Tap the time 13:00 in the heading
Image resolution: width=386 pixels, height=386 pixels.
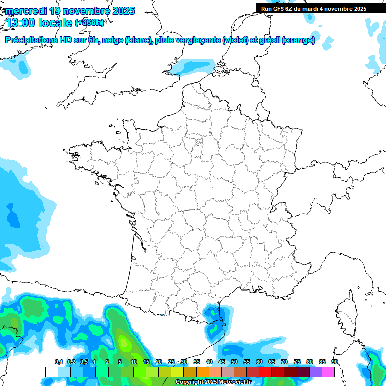(22, 23)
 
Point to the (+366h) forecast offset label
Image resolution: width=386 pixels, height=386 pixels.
(89, 23)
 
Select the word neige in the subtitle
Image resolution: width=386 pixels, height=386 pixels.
(113, 40)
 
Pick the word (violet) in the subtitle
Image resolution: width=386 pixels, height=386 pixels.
(236, 40)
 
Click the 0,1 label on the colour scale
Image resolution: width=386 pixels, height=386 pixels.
(58, 362)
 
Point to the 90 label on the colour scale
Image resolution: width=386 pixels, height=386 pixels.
(335, 362)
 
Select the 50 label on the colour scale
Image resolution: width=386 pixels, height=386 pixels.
(234, 362)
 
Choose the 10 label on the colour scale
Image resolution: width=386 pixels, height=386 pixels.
(134, 362)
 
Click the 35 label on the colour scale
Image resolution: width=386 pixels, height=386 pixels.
(197, 362)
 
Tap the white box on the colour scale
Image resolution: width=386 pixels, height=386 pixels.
(51, 372)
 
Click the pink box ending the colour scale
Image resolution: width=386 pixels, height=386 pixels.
(328, 372)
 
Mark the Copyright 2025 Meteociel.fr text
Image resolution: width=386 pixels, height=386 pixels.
(214, 382)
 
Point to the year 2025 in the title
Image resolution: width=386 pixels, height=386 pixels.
(123, 11)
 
